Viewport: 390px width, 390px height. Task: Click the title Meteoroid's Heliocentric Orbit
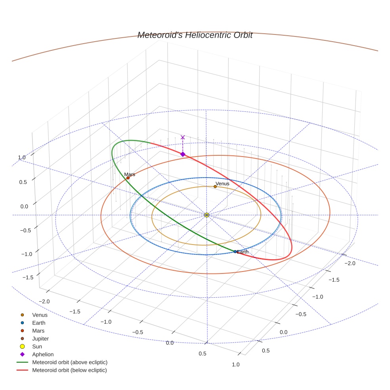195,35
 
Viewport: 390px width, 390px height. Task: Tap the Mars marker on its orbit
128,178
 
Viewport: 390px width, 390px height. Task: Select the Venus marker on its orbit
215,186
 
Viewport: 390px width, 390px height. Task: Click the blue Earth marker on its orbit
235,252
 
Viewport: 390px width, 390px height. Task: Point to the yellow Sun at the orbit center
206,215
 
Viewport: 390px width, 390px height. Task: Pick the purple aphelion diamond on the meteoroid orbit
183,154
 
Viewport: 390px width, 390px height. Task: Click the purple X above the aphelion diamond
183,138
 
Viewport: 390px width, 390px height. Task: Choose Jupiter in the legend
40,338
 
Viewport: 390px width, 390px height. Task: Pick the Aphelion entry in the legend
42,354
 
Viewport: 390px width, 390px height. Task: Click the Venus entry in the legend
40,315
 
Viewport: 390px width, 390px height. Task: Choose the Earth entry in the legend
38,323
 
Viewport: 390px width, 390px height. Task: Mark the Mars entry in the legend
38,331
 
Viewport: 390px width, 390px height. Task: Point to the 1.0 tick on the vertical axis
21,157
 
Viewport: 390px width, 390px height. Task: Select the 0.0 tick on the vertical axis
24,206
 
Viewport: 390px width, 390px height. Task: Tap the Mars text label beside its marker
130,174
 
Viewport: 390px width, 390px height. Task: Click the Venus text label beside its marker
222,184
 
